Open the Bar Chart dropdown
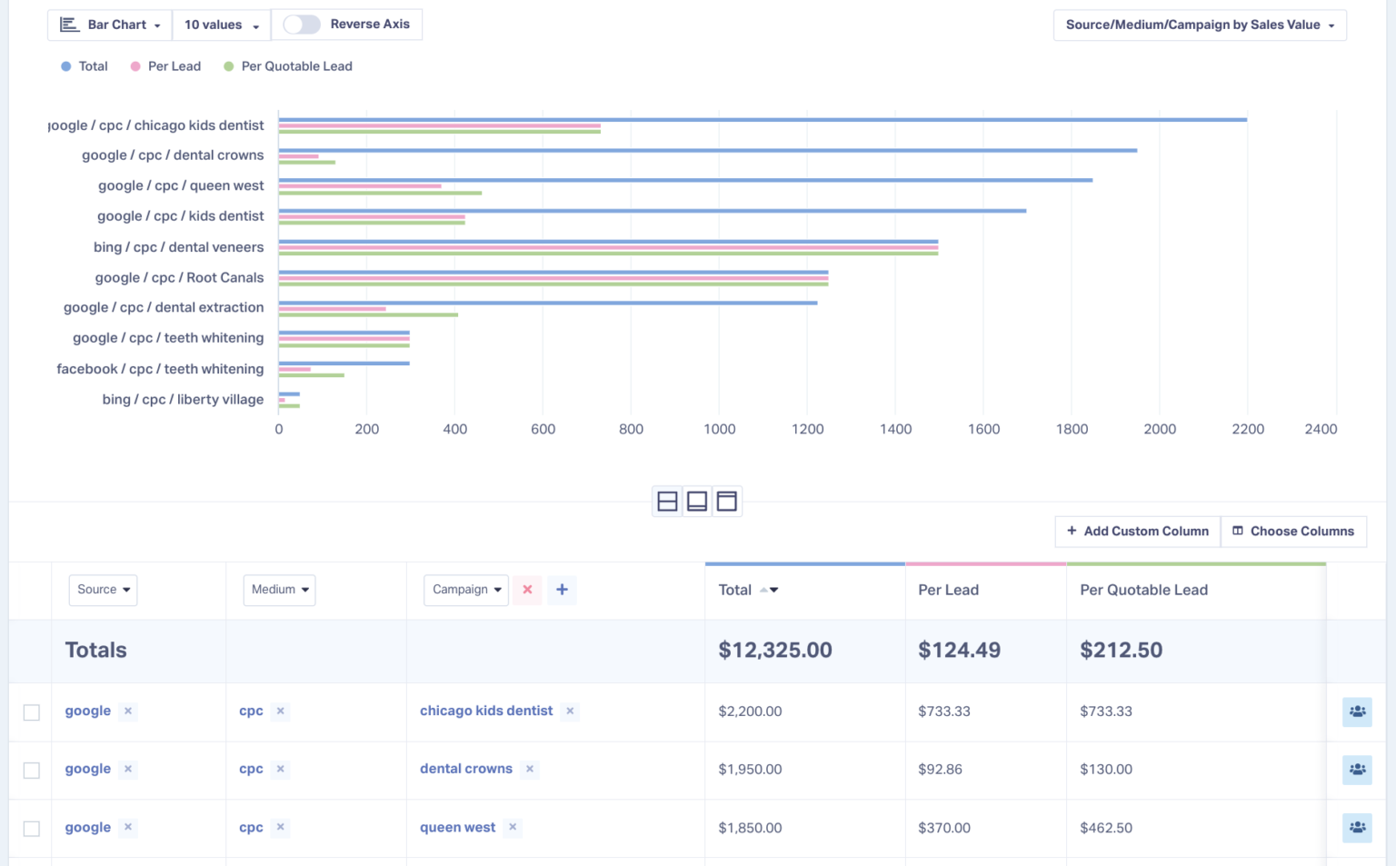click(x=110, y=25)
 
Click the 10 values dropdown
click(x=221, y=25)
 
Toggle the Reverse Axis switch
click(x=302, y=25)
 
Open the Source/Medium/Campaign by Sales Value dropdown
click(x=1199, y=25)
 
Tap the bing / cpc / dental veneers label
click(x=178, y=247)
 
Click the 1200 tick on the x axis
click(x=807, y=429)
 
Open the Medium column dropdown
click(x=279, y=590)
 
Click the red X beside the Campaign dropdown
click(x=527, y=590)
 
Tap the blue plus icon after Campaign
click(x=562, y=590)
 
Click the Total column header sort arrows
click(x=769, y=590)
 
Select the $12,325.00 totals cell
click(x=774, y=650)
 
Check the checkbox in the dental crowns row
click(x=32, y=770)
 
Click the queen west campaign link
click(x=457, y=827)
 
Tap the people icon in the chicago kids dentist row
click(x=1356, y=712)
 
